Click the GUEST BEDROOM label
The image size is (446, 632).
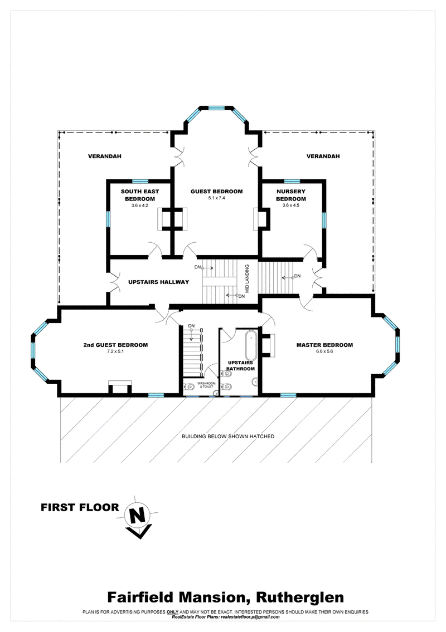coord(217,192)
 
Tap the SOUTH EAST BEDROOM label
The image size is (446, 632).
coord(140,195)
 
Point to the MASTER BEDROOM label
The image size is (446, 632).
coord(324,345)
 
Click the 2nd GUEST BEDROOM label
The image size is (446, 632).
coord(115,345)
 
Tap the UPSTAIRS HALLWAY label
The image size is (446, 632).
coord(158,282)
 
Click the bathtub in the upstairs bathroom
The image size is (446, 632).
coord(251,343)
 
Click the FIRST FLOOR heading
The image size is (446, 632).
coord(80,507)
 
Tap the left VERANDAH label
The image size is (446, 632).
coord(104,156)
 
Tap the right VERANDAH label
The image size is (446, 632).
coord(323,156)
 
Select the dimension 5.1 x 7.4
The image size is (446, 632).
coord(217,198)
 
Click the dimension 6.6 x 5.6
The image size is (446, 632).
coord(324,352)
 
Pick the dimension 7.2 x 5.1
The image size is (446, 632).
coord(115,352)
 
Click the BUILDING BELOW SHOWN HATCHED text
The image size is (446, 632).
coord(228,436)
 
